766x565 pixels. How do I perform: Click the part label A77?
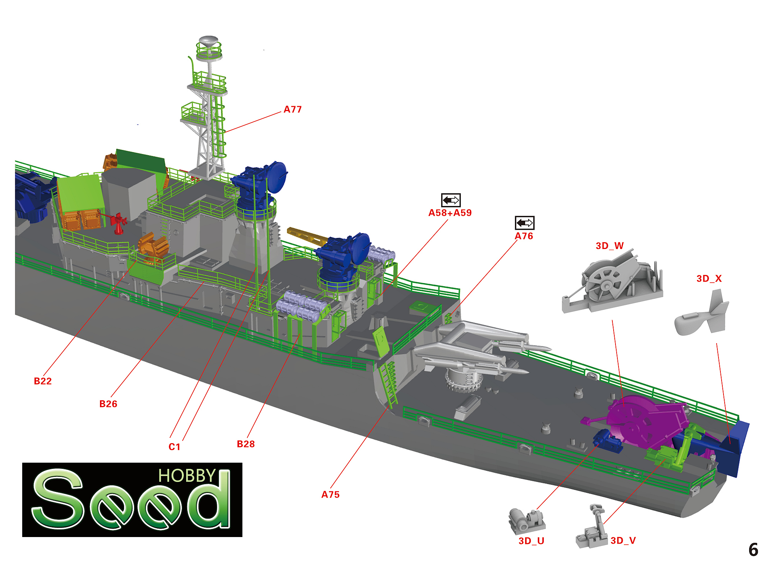(x=293, y=110)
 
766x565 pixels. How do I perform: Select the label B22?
(x=43, y=381)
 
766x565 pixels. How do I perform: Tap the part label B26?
(x=108, y=404)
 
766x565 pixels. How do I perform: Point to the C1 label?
(x=174, y=447)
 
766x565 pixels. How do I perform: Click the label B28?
(x=246, y=444)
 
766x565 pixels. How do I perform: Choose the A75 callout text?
(x=330, y=495)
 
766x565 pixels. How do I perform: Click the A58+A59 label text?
(x=450, y=213)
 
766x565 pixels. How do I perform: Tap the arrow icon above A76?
(x=524, y=223)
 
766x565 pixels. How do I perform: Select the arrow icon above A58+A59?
(x=451, y=200)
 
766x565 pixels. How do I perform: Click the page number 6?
(x=753, y=550)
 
